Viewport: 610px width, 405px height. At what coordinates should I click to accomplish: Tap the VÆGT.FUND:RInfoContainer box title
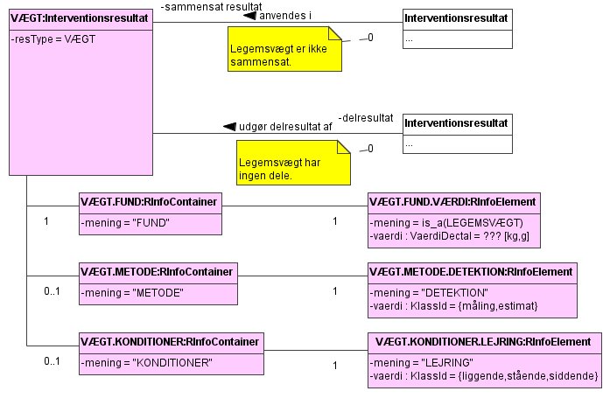150,201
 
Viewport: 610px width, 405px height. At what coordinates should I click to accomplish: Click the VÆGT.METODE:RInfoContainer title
157,271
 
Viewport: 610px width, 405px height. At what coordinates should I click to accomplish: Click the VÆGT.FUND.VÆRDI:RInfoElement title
453,201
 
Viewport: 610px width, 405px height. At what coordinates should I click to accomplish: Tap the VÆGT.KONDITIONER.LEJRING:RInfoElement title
481,341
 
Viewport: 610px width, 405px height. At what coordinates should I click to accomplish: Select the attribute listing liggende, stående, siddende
484,375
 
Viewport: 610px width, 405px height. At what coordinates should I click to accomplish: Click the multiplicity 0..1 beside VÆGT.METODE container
52,290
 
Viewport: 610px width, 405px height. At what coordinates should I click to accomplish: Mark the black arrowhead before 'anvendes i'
249,16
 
